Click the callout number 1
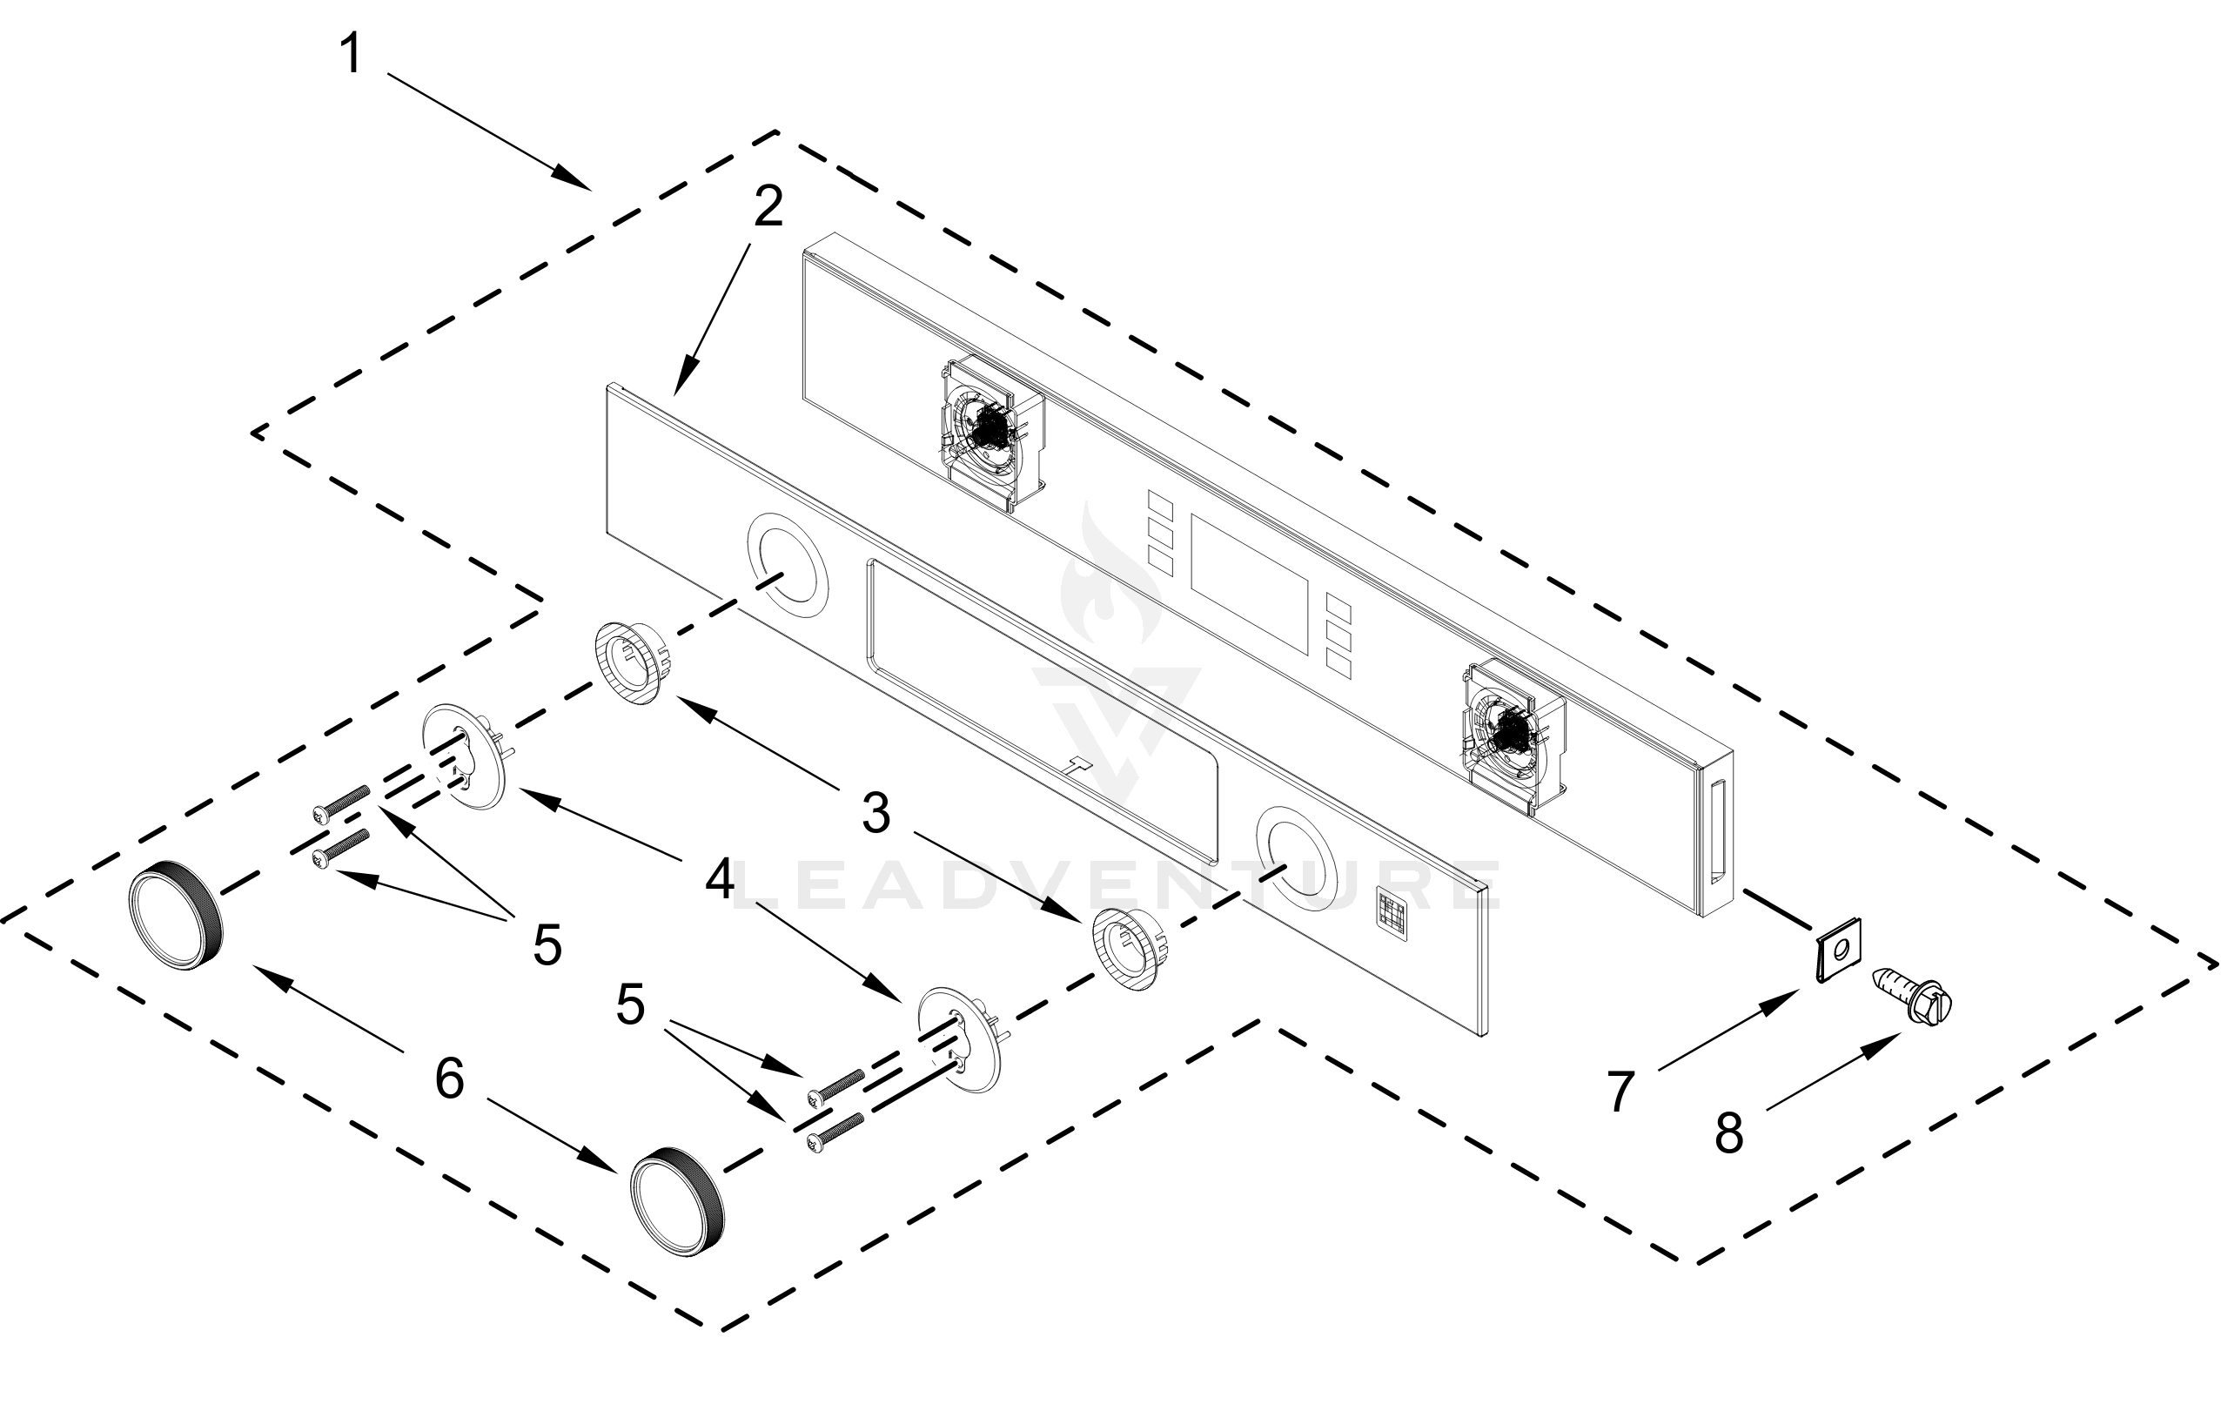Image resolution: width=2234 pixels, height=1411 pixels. coord(351,54)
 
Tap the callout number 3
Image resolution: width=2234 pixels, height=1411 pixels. coord(875,814)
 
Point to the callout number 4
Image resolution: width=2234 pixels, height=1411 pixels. coord(720,878)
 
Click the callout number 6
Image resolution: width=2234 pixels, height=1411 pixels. coord(449,1078)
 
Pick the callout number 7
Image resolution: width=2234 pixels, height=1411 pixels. coord(1620,1092)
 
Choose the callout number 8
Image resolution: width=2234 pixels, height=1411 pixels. coord(1728,1133)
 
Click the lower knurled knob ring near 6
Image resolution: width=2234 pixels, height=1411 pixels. coord(675,1201)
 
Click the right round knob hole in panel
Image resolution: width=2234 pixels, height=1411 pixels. coord(1296,858)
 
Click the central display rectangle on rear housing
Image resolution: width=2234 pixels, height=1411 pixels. coord(1250,582)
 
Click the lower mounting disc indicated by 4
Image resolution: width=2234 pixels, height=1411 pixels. coord(959,1038)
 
